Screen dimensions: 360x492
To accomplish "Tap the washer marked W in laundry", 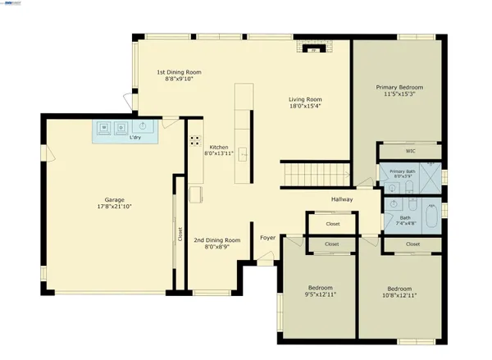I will pos(106,128).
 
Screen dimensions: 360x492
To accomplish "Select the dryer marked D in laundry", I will pos(121,128).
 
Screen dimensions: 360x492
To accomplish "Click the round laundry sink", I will pos(143,127).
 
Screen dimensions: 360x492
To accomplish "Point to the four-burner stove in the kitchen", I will pos(195,140).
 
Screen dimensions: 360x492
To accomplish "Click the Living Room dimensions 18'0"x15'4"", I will pos(304,105).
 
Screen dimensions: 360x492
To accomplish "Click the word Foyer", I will pos(267,238).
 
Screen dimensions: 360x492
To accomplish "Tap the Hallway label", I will pos(341,199).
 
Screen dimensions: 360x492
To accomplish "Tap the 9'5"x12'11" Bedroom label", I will pos(320,291).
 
